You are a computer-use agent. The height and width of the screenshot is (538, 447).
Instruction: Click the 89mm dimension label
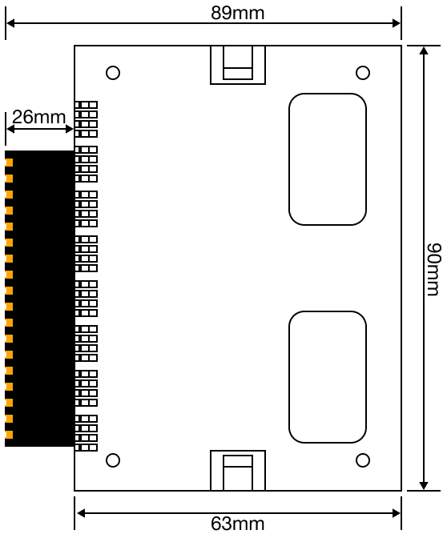pos(238,13)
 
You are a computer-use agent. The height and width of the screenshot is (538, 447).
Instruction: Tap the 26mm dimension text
pos(38,117)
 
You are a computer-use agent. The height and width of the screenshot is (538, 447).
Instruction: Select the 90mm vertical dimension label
pos(433,269)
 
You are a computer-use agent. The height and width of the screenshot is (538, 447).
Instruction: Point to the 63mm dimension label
pos(238,524)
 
